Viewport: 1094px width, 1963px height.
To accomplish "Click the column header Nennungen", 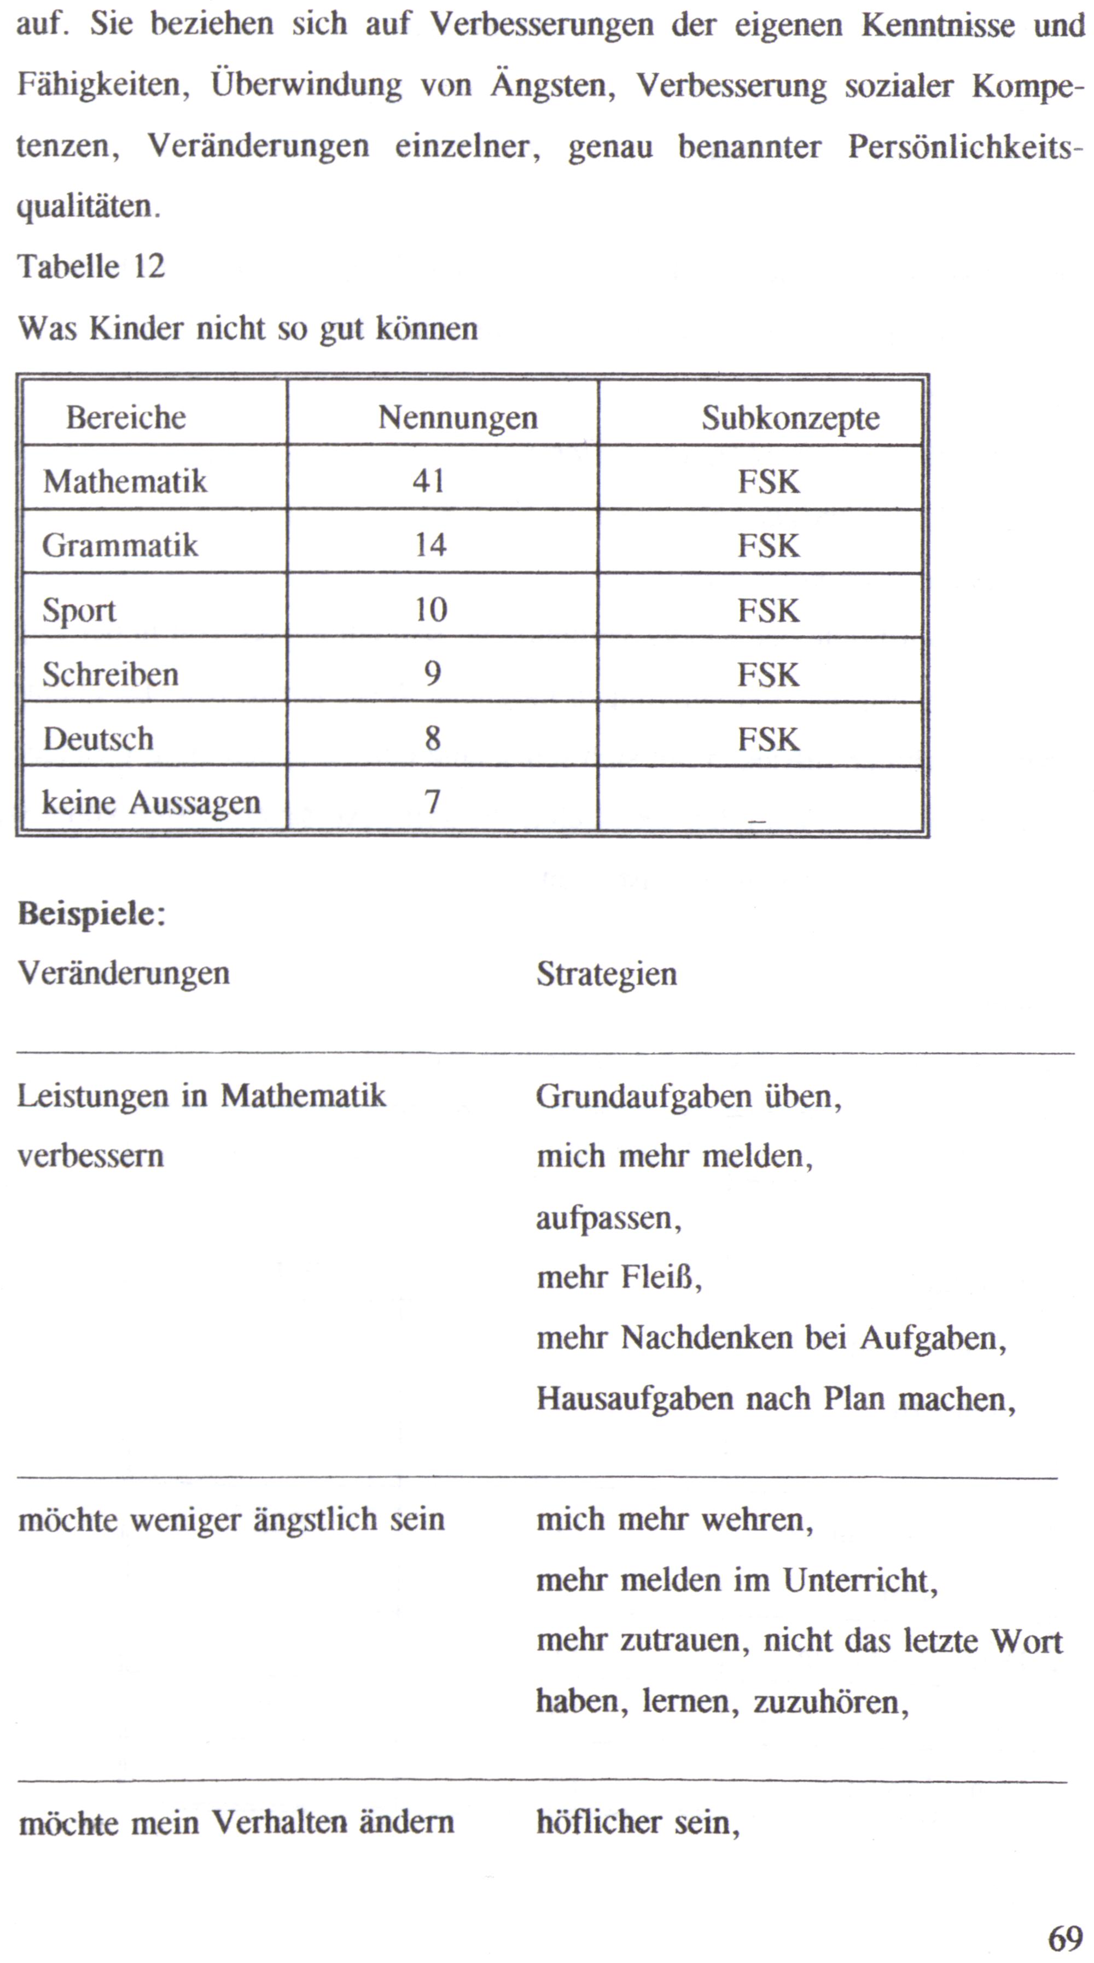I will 457,418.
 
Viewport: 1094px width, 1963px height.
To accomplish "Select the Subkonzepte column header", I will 790,418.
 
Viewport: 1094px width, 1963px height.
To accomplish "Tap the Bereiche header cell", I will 126,418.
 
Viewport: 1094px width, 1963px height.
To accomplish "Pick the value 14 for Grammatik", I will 430,545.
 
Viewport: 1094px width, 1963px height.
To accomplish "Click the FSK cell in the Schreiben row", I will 767,675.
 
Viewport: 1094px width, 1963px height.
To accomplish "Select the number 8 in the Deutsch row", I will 432,739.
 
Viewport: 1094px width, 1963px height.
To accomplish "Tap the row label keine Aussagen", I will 151,802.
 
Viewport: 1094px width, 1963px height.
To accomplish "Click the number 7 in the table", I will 432,802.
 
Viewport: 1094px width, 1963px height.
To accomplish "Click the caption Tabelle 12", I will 91,267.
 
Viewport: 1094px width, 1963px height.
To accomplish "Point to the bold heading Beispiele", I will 91,913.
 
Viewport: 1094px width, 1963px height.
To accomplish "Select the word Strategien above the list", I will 606,974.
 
